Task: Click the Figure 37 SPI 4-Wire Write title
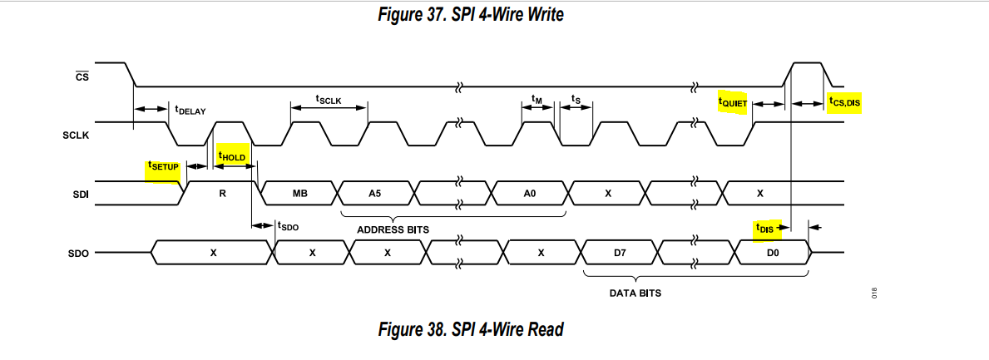pos(470,14)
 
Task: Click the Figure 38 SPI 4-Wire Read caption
pos(470,329)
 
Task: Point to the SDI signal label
pos(81,194)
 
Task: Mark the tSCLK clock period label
pos(329,98)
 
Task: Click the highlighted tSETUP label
pos(163,165)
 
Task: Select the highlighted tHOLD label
pos(232,155)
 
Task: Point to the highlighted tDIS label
pos(765,227)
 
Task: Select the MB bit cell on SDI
pos(300,194)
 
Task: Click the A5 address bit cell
pos(375,194)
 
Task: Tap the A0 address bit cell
pos(530,194)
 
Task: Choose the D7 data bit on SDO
pos(620,252)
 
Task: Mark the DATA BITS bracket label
pos(636,293)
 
